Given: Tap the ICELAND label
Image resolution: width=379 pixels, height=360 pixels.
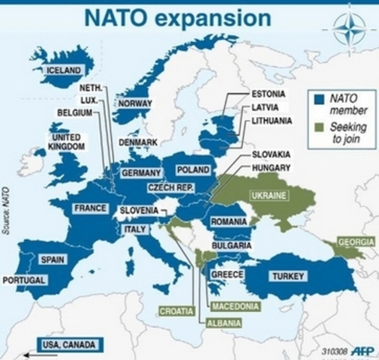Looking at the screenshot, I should tap(64, 70).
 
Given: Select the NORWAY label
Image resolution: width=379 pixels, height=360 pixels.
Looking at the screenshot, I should tap(136, 103).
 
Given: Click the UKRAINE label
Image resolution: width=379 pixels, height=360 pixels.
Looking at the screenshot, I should tap(268, 195).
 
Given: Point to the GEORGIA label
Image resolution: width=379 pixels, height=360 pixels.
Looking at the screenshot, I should tap(356, 242).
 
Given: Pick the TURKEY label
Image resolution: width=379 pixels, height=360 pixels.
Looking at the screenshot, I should tap(288, 276).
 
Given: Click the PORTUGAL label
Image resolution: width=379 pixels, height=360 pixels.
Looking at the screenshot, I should tap(24, 280).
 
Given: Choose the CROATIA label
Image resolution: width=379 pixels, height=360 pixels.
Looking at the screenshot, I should tap(176, 310).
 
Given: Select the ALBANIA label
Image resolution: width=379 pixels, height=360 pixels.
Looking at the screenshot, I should tap(224, 323).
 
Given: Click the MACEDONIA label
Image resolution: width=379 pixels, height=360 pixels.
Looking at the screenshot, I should tap(236, 307).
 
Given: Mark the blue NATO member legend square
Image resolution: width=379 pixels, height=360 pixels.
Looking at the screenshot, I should tap(319, 97).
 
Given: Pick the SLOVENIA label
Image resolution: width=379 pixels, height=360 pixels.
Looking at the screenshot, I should tap(139, 211).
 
